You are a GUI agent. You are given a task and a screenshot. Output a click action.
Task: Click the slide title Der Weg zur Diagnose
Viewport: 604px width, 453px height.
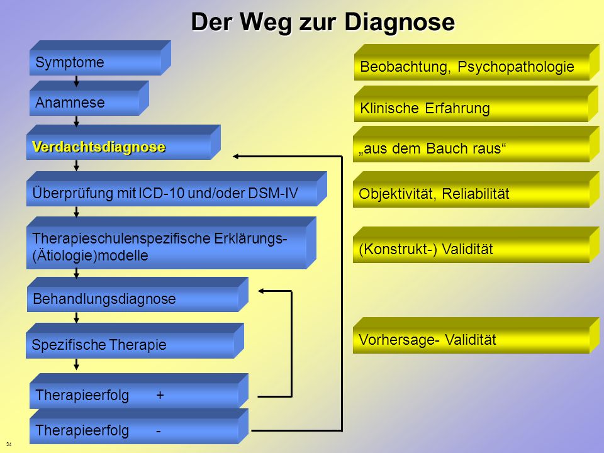pos(323,22)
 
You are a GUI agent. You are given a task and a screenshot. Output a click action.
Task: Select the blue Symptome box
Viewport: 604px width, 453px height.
pos(100,58)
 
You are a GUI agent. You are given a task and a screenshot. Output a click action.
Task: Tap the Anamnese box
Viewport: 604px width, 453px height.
pos(89,98)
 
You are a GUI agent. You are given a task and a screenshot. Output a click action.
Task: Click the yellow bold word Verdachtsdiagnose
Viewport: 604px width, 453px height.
pos(99,147)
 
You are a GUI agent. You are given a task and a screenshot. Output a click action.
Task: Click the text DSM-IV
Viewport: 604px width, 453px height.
pos(272,193)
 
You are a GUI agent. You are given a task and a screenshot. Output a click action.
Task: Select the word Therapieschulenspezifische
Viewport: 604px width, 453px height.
pos(121,239)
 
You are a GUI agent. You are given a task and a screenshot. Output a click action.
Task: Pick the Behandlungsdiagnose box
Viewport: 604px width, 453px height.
pos(138,294)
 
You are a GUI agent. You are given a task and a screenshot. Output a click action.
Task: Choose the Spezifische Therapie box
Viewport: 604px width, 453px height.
pos(135,341)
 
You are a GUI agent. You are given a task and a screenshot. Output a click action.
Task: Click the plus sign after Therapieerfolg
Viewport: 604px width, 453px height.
pos(160,395)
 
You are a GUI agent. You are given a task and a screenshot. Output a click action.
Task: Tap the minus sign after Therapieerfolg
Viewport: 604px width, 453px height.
pos(159,431)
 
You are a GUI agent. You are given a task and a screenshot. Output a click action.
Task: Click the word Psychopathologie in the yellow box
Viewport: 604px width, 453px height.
pos(516,67)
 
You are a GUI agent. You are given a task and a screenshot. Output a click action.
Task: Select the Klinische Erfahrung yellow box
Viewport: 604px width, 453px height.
pos(476,104)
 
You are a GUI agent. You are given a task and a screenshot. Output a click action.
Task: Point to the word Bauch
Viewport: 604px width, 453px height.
pos(443,148)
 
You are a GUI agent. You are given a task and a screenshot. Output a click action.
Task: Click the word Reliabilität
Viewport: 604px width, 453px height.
pos(476,194)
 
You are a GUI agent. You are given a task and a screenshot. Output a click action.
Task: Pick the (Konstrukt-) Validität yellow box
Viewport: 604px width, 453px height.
pos(476,245)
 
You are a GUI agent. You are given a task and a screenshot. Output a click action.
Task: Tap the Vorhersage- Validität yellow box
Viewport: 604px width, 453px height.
pos(476,335)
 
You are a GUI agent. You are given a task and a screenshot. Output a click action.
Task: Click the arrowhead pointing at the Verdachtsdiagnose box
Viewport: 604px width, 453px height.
pos(236,157)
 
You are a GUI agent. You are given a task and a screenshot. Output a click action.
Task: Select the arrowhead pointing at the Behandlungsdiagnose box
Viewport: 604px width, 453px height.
pos(260,291)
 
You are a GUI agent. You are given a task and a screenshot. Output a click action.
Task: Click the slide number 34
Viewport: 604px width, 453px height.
pos(9,444)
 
